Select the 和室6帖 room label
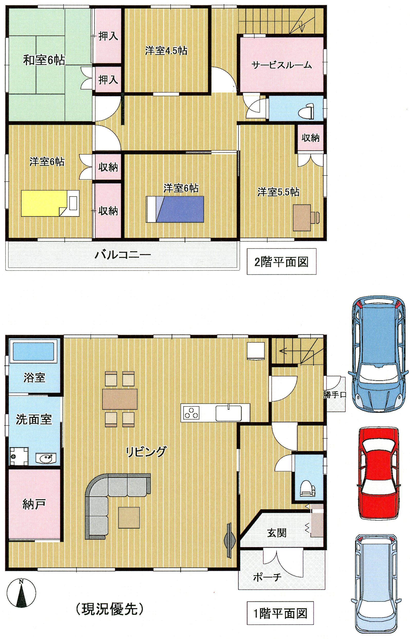coord(44,60)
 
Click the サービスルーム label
coord(282,65)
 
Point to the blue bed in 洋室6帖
coord(175,209)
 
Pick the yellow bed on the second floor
coord(50,203)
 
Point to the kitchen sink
coord(229,413)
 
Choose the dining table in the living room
coord(120,399)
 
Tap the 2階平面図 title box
coord(282,262)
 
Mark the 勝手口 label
coord(335,395)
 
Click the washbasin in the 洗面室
coord(46,458)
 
